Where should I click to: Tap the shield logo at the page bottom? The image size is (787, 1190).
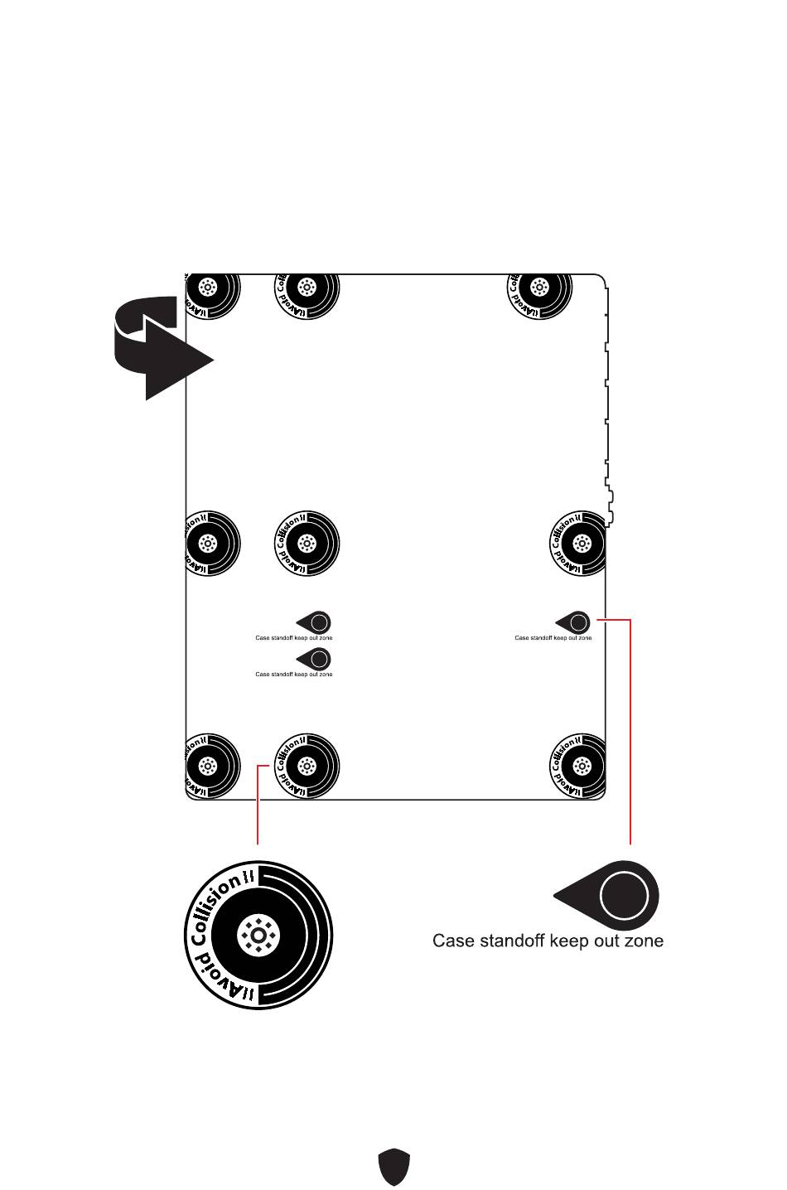(x=394, y=1167)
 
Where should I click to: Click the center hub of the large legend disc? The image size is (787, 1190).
(x=258, y=936)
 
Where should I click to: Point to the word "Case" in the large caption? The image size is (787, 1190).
(x=453, y=941)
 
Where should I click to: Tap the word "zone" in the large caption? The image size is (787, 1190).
(x=644, y=941)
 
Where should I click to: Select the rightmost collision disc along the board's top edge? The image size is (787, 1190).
(x=539, y=289)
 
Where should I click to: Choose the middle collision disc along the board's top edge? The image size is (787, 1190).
(x=307, y=289)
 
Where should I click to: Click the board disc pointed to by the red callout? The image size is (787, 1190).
(x=307, y=766)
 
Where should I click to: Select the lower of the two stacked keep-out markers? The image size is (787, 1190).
(x=316, y=659)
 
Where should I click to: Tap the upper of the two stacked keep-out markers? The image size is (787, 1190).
(x=316, y=622)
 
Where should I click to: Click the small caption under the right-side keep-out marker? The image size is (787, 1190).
(x=553, y=638)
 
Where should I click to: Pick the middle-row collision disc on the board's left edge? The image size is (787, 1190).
(x=210, y=544)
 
